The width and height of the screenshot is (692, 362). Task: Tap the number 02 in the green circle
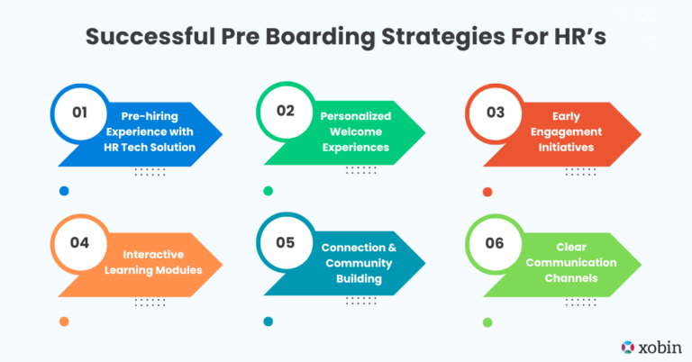[286, 114]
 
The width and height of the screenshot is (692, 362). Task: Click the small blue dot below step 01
[64, 191]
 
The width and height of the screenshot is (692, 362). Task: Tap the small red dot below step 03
[487, 191]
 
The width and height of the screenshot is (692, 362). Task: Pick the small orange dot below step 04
[64, 321]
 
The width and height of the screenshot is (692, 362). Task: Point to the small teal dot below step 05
[268, 321]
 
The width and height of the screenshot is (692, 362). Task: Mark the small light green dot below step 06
[487, 321]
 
